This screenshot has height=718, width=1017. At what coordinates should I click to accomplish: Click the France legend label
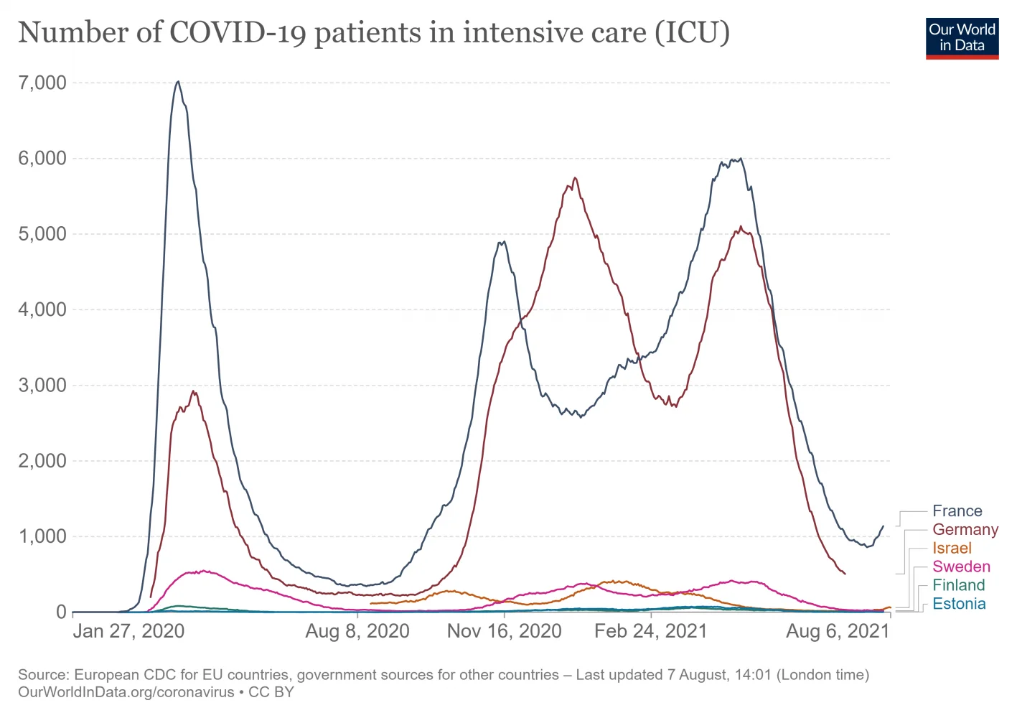[957, 511]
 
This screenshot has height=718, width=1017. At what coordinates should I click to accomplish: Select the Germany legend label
[965, 530]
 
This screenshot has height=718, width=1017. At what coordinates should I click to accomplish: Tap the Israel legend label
[952, 549]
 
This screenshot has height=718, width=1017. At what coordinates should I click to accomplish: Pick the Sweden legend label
[961, 567]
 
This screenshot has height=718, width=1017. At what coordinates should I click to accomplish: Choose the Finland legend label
[958, 585]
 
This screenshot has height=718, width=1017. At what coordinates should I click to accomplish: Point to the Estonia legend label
[959, 604]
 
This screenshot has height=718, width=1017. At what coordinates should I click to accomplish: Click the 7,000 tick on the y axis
[42, 83]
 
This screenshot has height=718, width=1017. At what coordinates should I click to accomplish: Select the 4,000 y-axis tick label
[42, 309]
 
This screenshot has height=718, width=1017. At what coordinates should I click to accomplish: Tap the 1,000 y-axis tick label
[42, 536]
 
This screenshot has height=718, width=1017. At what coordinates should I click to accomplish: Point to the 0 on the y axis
[61, 612]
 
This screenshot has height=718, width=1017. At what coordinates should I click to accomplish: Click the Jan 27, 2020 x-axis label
[128, 631]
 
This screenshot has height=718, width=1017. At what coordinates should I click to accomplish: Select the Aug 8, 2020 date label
[357, 631]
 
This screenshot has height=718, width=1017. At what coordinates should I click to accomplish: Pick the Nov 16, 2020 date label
[504, 631]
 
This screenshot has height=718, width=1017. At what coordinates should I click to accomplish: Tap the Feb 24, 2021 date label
[650, 631]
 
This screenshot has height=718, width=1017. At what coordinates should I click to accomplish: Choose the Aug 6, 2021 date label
[838, 631]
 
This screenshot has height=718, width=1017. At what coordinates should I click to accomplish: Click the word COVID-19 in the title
[238, 33]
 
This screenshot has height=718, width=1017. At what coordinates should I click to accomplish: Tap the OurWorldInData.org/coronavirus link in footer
[126, 693]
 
